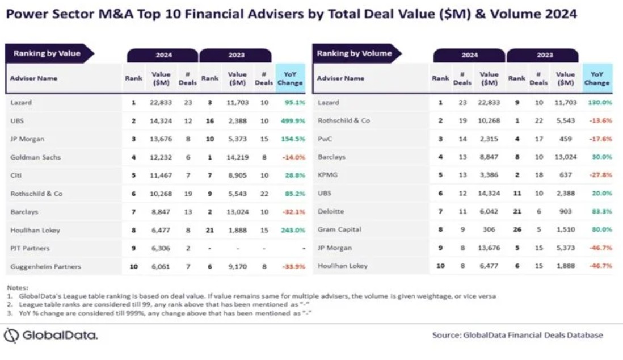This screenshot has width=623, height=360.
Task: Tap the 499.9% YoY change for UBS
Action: (x=293, y=121)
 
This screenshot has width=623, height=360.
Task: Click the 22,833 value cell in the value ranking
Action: (x=161, y=103)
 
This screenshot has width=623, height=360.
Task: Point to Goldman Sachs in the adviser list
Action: (x=36, y=157)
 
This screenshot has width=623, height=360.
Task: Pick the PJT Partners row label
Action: (x=30, y=248)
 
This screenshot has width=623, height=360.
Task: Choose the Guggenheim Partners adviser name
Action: (x=46, y=266)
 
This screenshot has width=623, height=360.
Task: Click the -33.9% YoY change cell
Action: (x=293, y=266)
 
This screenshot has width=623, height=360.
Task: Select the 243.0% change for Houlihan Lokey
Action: (x=293, y=231)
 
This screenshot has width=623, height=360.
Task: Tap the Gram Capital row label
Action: (x=339, y=229)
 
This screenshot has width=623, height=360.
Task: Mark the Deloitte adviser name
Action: (x=331, y=211)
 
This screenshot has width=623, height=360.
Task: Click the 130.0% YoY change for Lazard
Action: (x=600, y=103)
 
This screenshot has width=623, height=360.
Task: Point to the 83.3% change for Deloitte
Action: (x=601, y=211)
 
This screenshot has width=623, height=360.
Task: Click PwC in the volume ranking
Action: (x=325, y=139)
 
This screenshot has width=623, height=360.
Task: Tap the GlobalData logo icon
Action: (x=11, y=336)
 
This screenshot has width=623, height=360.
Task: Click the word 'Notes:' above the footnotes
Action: (x=18, y=287)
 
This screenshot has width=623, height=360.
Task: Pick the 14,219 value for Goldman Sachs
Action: (x=238, y=157)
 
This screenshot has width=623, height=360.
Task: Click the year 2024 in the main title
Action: (x=561, y=14)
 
